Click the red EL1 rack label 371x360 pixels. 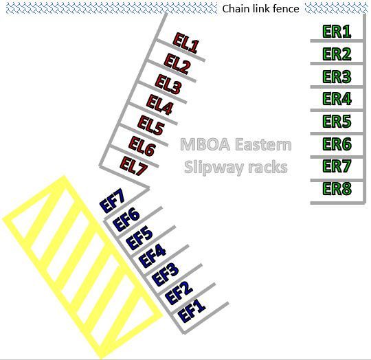pyautogui.click(x=186, y=43)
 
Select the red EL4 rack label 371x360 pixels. pyautogui.click(x=159, y=104)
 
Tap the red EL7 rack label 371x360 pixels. pyautogui.click(x=134, y=166)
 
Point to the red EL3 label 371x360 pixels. pyautogui.click(x=168, y=85)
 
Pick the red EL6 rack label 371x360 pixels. pyautogui.click(x=142, y=146)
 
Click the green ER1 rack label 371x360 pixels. pyautogui.click(x=337, y=31)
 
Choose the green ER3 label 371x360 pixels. pyautogui.click(x=337, y=76)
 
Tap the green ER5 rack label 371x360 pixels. pyautogui.click(x=337, y=121)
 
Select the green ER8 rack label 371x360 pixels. pyautogui.click(x=337, y=188)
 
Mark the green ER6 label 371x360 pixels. pyautogui.click(x=337, y=144)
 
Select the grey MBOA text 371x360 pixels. pyautogui.click(x=205, y=144)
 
